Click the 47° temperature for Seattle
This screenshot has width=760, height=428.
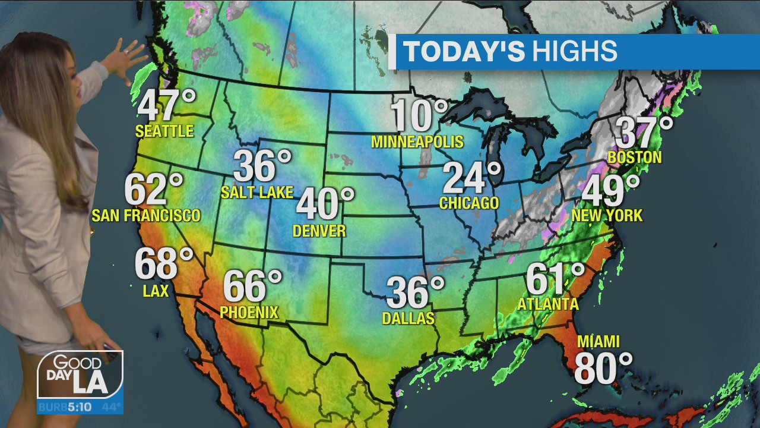166,106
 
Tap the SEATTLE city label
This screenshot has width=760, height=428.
164,131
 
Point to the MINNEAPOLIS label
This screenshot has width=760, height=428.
417,142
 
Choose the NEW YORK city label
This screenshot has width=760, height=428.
607,216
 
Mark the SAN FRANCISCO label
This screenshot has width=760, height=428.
146,216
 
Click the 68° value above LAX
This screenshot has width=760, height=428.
164,264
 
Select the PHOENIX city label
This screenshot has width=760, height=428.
249,312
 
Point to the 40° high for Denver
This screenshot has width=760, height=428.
325,204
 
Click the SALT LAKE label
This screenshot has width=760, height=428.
257,193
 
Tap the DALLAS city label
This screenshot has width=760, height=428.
408,319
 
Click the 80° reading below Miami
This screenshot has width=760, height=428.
603,369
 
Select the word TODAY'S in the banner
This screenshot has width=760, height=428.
464,52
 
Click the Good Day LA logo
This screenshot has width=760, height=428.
80,374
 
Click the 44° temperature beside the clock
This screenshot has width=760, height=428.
110,408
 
